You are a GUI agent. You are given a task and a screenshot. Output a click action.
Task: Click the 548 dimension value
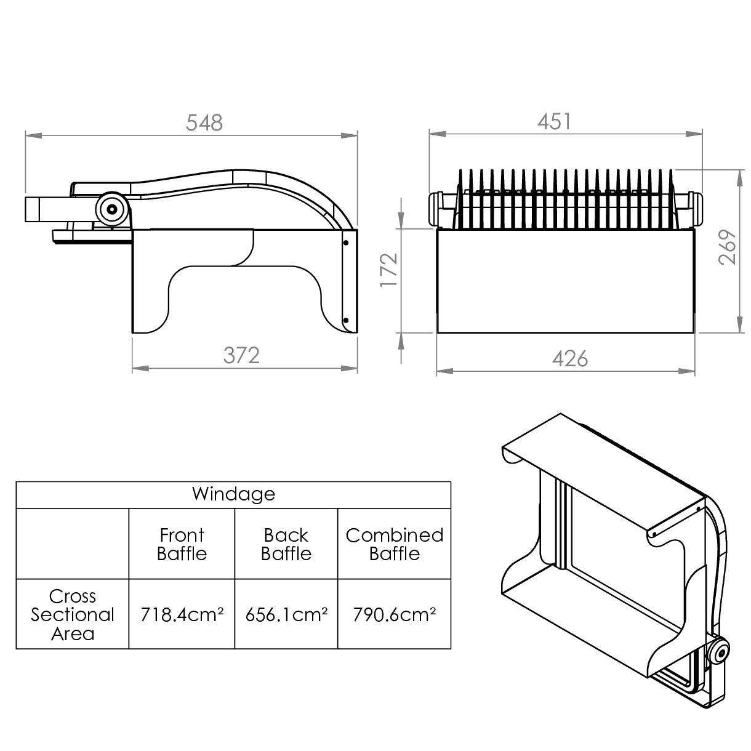pyautogui.click(x=204, y=122)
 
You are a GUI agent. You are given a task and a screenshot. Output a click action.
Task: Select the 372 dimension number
pyautogui.click(x=241, y=355)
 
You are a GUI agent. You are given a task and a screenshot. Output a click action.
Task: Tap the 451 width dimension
pyautogui.click(x=554, y=121)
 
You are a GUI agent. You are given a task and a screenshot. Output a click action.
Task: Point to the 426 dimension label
pyautogui.click(x=570, y=358)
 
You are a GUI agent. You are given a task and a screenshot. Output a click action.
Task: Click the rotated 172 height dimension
pyautogui.click(x=388, y=270)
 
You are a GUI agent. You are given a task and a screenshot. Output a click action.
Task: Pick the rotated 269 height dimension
pyautogui.click(x=727, y=247)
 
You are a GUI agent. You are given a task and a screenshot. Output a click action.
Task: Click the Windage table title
pyautogui.click(x=233, y=494)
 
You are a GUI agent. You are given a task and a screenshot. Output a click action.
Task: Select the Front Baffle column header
pyautogui.click(x=182, y=544)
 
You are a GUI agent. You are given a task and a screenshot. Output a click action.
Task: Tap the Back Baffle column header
pyautogui.click(x=286, y=544)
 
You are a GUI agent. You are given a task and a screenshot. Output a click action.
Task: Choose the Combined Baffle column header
pyautogui.click(x=395, y=544)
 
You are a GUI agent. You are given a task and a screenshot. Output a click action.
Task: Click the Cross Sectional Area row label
pyautogui.click(x=73, y=615)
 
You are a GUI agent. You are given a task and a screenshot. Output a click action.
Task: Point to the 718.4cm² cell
pyautogui.click(x=182, y=614)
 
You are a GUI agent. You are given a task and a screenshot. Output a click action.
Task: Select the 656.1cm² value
pyautogui.click(x=286, y=614)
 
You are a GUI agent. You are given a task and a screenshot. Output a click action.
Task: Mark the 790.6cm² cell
pyautogui.click(x=395, y=614)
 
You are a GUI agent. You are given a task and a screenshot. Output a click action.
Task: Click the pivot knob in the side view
pyautogui.click(x=112, y=209)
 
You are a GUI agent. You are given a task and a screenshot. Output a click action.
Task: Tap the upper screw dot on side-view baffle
pyautogui.click(x=346, y=243)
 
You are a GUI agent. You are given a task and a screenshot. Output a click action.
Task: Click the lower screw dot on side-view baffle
pyautogui.click(x=346, y=321)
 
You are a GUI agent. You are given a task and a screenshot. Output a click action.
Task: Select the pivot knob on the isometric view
pyautogui.click(x=718, y=653)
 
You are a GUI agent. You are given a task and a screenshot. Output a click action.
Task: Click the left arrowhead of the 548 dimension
pyautogui.click(x=33, y=135)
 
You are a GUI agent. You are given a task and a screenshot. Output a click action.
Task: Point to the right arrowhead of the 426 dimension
pyautogui.click(x=686, y=371)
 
